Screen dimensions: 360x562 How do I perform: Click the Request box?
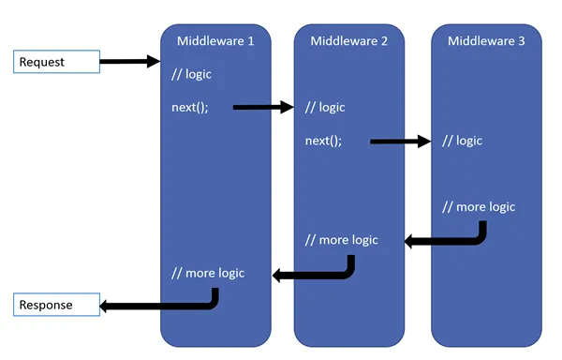(x=56, y=62)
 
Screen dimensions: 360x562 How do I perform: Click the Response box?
(x=56, y=306)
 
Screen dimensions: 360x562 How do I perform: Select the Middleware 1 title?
(x=215, y=41)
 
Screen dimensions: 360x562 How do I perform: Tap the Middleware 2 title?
(x=349, y=41)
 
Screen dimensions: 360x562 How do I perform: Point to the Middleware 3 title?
(x=486, y=41)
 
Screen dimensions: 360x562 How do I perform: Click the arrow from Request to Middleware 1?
(x=129, y=62)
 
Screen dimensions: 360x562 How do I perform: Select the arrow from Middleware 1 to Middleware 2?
(x=262, y=108)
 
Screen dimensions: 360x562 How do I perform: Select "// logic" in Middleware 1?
(x=192, y=74)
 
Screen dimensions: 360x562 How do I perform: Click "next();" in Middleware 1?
(x=190, y=107)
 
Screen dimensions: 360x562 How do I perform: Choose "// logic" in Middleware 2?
(x=325, y=107)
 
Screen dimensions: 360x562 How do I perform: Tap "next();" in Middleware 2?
(x=324, y=141)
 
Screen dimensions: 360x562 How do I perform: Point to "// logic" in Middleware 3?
(x=462, y=141)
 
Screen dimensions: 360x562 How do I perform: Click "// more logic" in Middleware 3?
(x=479, y=206)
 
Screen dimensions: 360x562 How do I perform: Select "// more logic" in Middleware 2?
(x=342, y=240)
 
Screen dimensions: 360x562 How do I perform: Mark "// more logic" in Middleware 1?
(x=208, y=273)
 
